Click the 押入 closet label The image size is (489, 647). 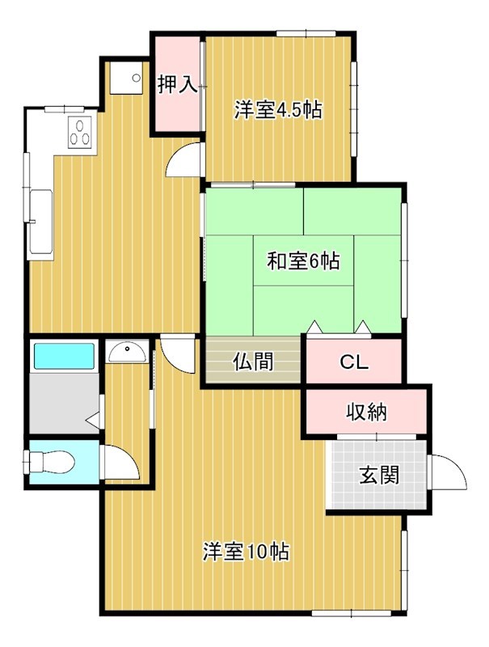coord(177,85)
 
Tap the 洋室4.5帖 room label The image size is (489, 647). coord(278,110)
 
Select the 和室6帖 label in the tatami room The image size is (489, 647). coord(303,261)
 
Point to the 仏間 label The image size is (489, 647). coord(252,362)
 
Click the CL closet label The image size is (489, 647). coord(353,362)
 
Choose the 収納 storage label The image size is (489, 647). coord(366,412)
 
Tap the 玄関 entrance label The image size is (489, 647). coord(379,475)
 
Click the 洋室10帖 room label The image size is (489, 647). coord(247,552)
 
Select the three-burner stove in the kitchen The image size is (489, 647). coord(82,133)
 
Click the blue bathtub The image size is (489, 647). coord(63,355)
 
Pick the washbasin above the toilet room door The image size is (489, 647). coord(127,352)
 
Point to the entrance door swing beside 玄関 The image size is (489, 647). coord(448,472)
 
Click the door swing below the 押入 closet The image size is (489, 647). coord(183,159)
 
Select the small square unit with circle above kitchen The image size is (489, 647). coord(126,78)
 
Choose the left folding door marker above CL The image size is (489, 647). coord(314,328)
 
